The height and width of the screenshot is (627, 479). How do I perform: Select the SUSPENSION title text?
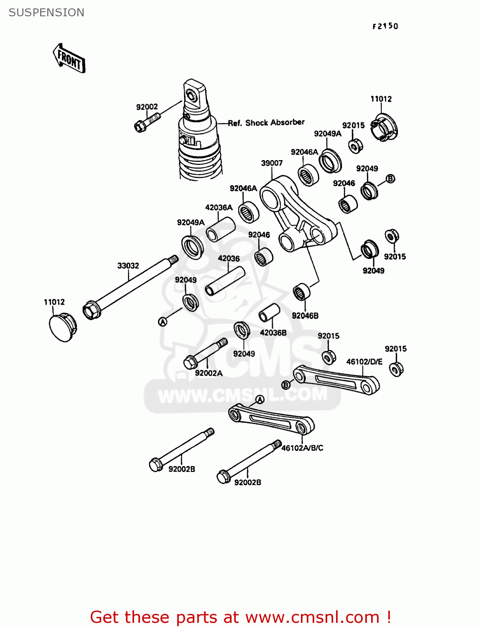[46, 13]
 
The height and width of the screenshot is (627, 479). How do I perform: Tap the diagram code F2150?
[385, 26]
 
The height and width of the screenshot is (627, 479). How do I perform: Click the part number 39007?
[272, 163]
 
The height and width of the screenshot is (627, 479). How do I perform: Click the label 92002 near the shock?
[147, 107]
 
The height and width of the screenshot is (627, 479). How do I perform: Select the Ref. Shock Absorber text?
[266, 122]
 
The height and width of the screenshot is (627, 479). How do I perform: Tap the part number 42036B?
[273, 333]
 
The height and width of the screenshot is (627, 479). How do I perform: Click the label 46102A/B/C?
[302, 448]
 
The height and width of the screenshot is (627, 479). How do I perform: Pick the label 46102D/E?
[364, 362]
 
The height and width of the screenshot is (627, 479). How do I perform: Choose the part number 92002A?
[209, 373]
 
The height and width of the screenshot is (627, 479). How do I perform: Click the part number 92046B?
[305, 316]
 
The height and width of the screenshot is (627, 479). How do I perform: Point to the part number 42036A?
[219, 207]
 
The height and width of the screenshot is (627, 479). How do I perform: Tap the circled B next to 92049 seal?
[390, 179]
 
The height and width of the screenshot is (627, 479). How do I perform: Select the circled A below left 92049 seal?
[163, 321]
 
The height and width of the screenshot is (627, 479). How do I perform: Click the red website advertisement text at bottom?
[240, 617]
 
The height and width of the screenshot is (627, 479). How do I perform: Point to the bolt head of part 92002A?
[190, 362]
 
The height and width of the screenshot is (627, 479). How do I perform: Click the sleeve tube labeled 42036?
[224, 282]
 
